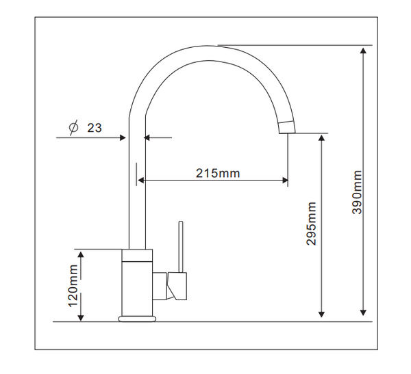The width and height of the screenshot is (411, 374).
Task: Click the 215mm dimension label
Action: click(218, 173)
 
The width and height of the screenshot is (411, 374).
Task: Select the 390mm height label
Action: click(357, 192)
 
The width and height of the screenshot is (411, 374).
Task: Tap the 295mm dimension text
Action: click(311, 224)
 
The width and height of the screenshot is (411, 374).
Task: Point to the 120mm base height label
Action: click(73, 285)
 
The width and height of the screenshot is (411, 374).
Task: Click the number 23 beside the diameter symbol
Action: click(94, 128)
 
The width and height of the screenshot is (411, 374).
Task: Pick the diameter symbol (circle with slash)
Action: click(73, 127)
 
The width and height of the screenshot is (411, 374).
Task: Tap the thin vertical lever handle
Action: click(181, 247)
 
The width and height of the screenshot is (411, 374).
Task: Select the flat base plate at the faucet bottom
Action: click(137, 319)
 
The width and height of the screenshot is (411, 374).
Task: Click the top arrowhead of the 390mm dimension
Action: click(363, 50)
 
